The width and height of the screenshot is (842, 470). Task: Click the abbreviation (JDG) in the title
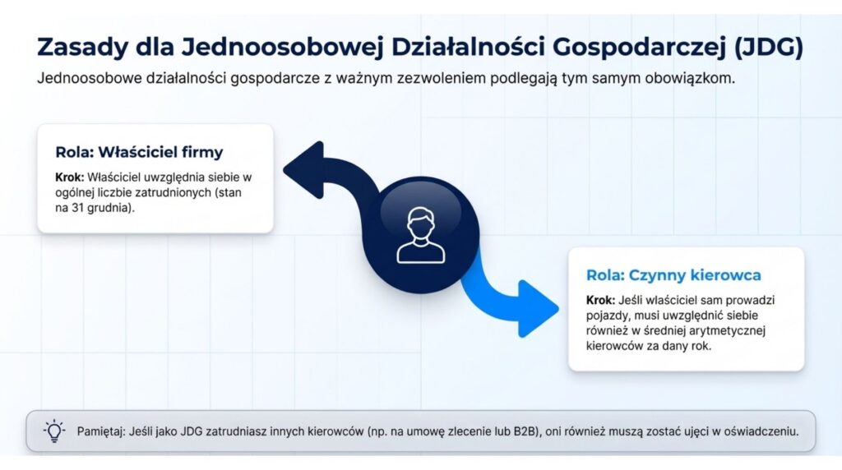coord(768,47)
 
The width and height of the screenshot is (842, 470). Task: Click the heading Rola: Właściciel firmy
coord(139,152)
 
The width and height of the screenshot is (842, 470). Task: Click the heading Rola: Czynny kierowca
coord(673,275)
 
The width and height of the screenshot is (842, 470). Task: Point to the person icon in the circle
coord(420,236)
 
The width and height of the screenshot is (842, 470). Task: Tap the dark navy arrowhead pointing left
coord(303,170)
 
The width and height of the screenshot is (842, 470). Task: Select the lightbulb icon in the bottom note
coord(54,431)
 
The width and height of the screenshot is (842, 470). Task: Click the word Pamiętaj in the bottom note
coord(100,431)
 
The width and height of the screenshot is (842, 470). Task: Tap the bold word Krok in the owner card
coord(70,177)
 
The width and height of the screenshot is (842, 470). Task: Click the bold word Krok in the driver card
coord(600,300)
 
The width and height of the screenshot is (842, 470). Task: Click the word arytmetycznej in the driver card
coord(730,331)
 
